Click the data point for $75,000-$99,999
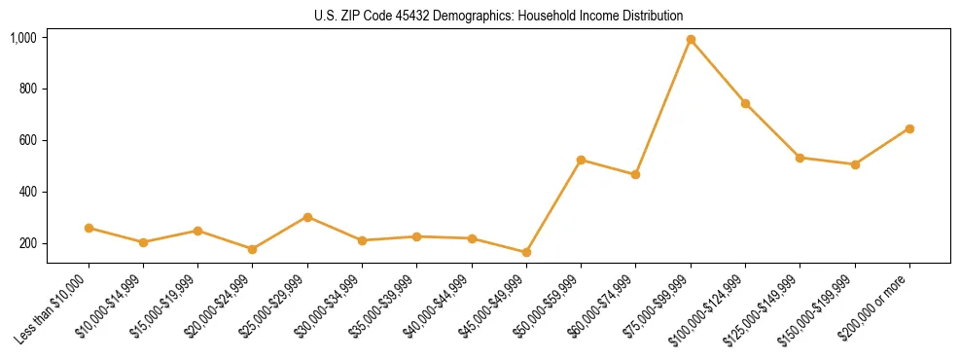(x=691, y=40)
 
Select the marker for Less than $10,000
(x=89, y=228)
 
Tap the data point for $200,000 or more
(x=909, y=128)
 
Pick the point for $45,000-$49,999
(x=526, y=252)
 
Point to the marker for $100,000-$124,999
(x=745, y=103)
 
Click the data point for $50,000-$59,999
(x=581, y=160)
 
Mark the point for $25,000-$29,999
(x=307, y=217)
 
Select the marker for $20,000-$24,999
(x=253, y=249)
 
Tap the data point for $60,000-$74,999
(x=635, y=175)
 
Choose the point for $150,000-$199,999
(x=855, y=164)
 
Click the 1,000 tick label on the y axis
(x=23, y=38)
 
